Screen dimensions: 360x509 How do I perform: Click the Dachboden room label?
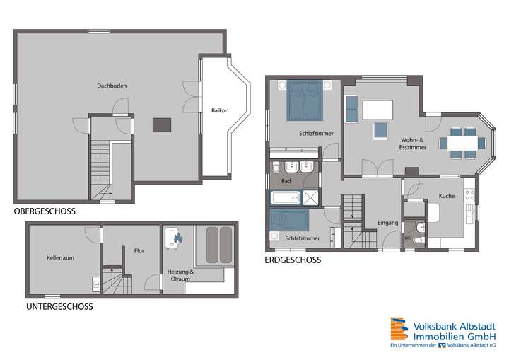tap(112, 86)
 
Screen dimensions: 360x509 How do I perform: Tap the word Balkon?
tap(219, 110)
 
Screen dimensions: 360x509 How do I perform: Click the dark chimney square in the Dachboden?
tap(162, 125)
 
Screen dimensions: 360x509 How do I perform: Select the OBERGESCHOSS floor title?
tap(45, 211)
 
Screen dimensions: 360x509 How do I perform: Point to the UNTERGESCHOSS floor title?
tap(59, 307)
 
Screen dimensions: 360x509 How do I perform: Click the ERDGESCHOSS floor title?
tap(293, 260)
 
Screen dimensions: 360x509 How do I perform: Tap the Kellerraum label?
tap(60, 258)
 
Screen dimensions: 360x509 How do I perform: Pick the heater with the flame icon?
tap(174, 238)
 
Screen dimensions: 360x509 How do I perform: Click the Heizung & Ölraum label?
tap(180, 274)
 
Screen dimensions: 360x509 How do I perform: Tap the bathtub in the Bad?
tap(288, 197)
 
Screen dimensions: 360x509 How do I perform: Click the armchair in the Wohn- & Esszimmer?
tap(382, 131)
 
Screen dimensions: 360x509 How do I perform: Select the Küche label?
tap(446, 196)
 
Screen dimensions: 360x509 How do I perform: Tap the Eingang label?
tap(388, 223)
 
